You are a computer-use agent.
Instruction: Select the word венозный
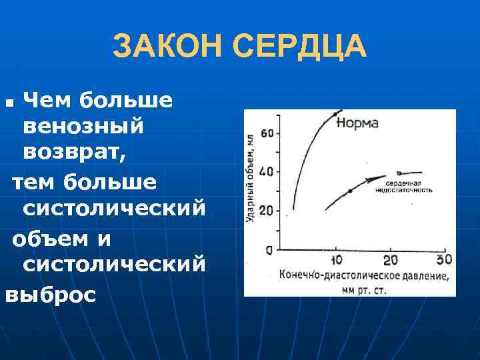tap(83, 126)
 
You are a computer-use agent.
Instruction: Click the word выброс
tap(51, 295)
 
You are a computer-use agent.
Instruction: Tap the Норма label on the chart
tap(357, 123)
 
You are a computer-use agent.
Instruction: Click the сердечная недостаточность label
tap(403, 186)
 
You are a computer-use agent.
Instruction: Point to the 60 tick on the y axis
tap(267, 133)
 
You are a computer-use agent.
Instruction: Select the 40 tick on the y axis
tap(267, 172)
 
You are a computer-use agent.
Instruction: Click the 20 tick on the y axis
tap(267, 211)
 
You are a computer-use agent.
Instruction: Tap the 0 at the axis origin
tap(268, 250)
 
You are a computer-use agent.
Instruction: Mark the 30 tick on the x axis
tap(443, 259)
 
